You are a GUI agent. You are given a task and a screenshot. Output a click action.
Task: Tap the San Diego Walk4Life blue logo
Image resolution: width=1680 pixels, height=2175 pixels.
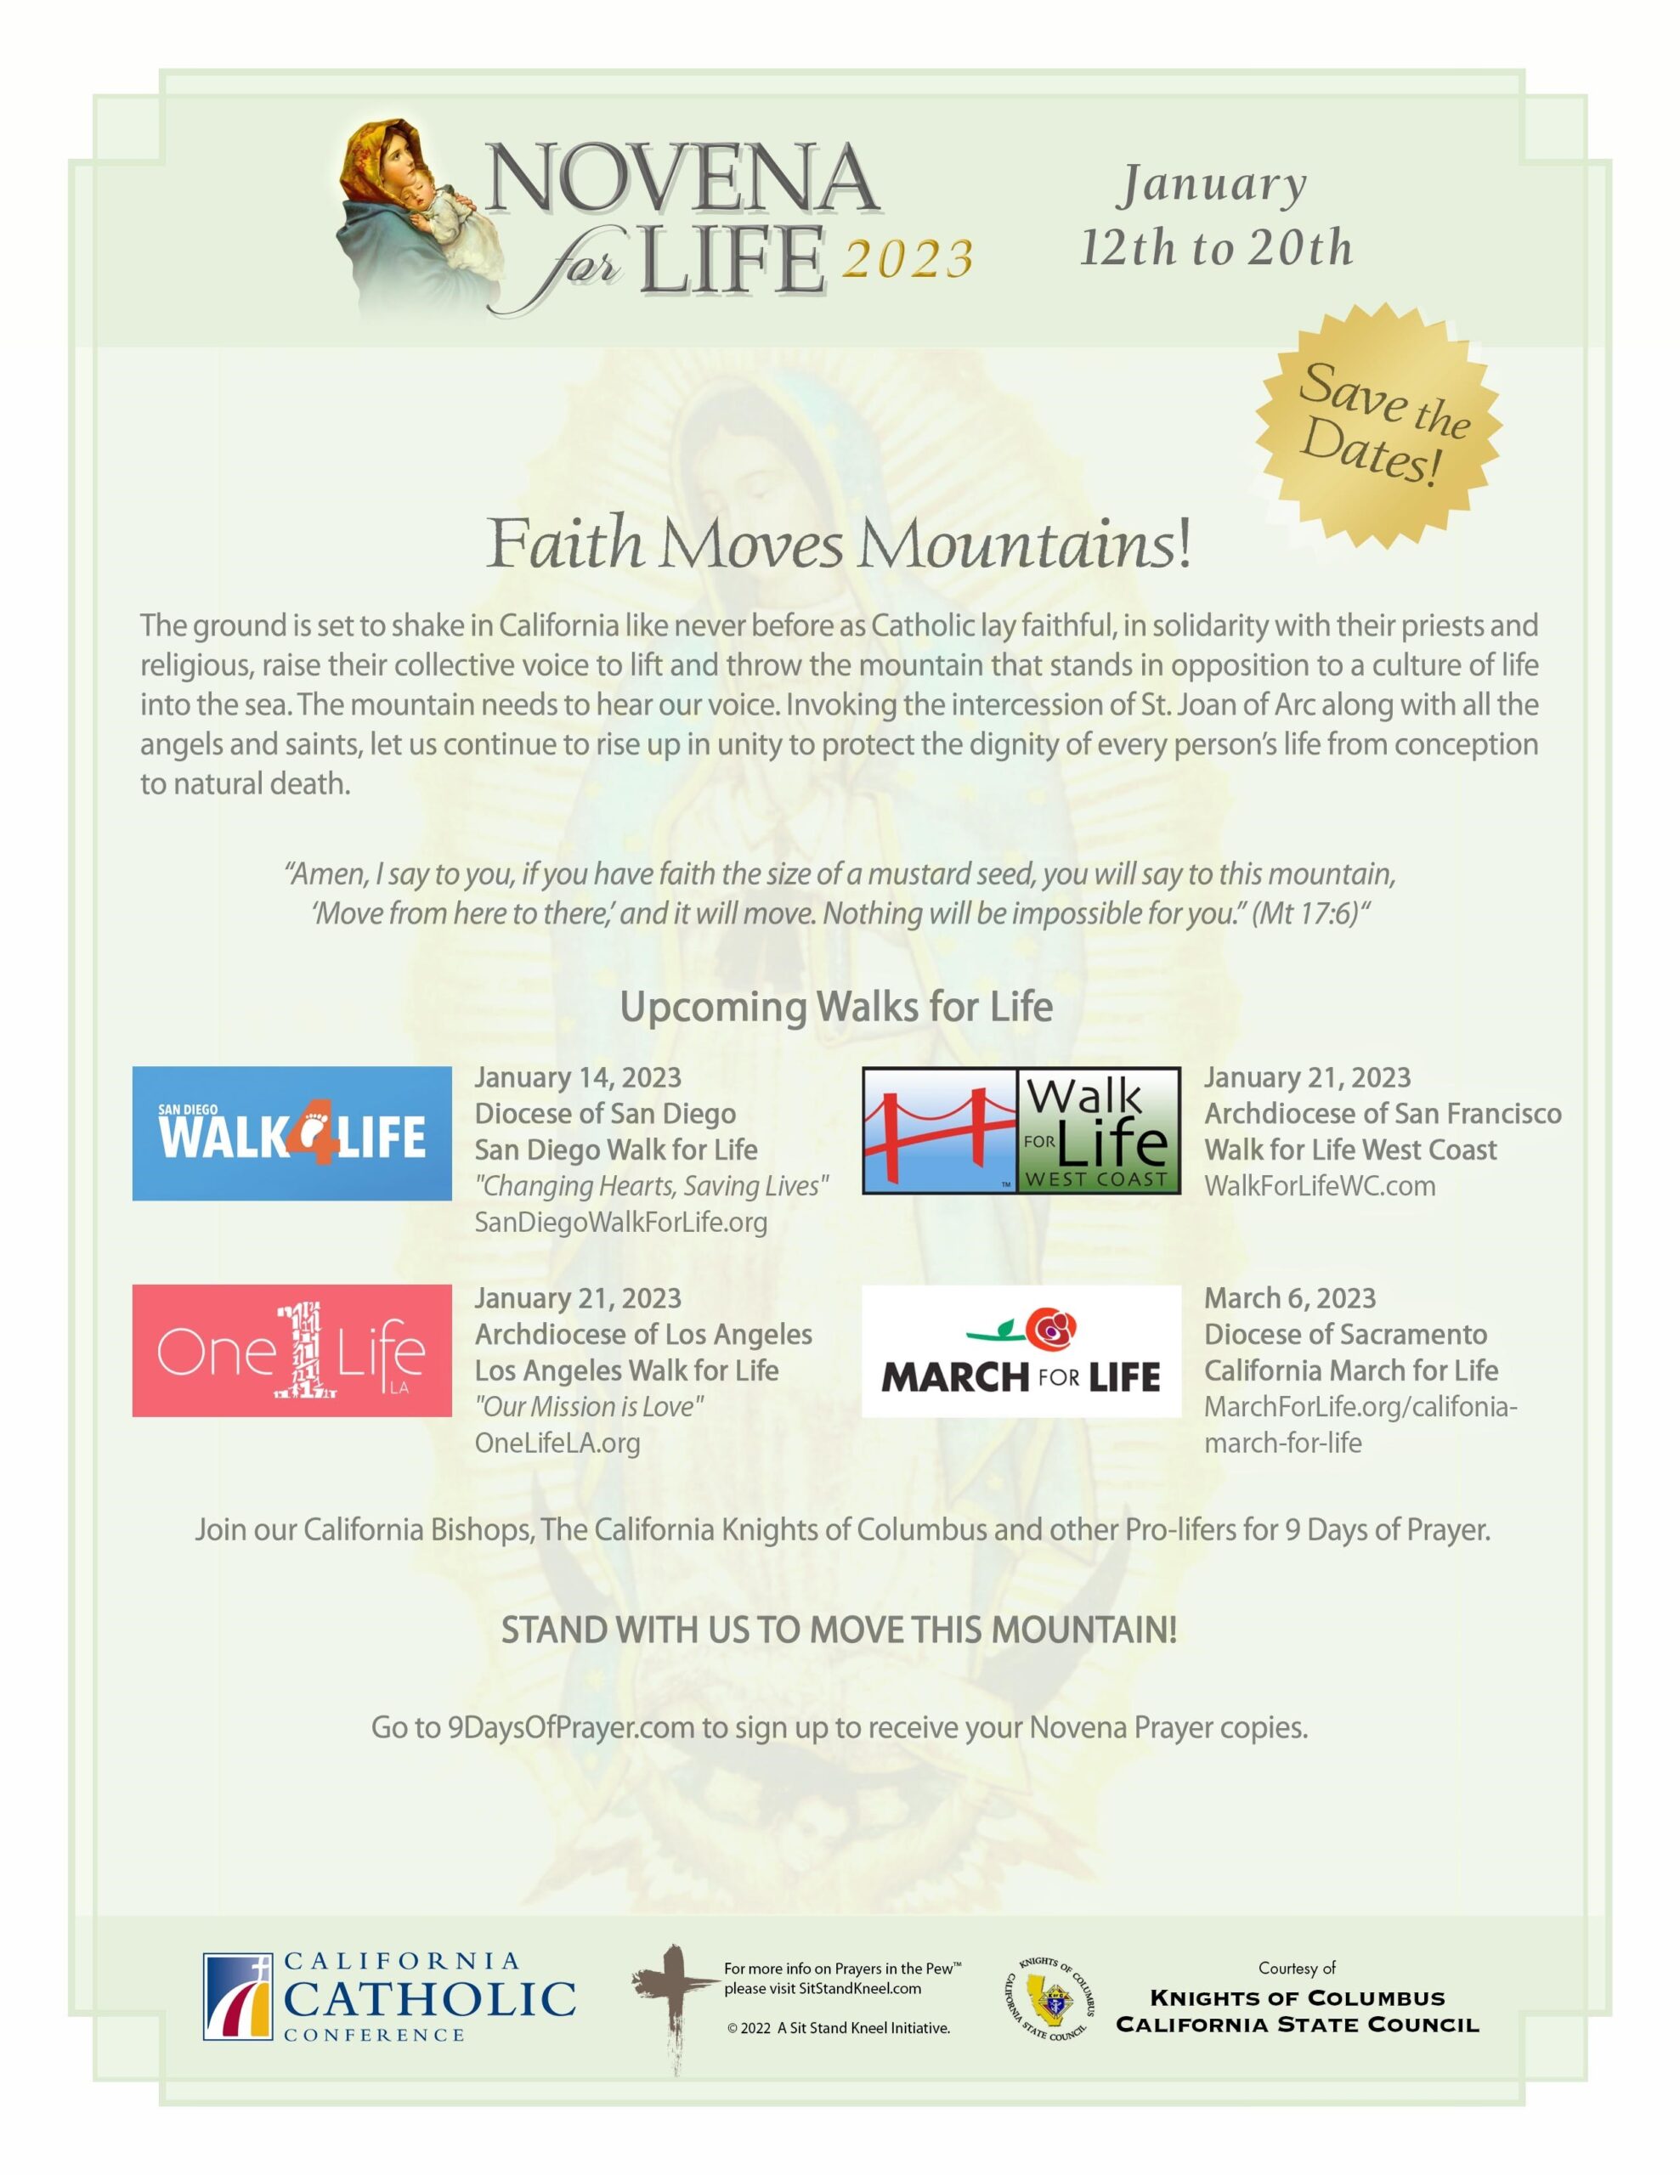[291, 1133]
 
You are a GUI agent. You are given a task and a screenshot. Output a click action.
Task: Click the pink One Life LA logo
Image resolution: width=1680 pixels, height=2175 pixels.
[291, 1350]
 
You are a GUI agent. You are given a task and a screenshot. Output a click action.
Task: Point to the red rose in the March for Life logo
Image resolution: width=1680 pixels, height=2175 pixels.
[1054, 1327]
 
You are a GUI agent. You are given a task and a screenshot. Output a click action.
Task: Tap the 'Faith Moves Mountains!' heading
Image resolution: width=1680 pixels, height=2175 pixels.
[839, 545]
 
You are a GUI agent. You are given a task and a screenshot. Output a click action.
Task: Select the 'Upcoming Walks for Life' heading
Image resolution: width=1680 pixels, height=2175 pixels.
[836, 1007]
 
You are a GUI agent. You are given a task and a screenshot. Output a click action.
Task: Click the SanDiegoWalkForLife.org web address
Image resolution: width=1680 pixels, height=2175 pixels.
[620, 1222]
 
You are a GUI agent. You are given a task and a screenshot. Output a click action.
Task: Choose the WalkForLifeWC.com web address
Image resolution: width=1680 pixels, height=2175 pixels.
[1320, 1186]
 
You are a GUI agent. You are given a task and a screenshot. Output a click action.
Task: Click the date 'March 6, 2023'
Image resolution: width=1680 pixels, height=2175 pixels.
[1290, 1298]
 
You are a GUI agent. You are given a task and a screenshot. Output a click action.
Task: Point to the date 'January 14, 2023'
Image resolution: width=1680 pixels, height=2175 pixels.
[578, 1077]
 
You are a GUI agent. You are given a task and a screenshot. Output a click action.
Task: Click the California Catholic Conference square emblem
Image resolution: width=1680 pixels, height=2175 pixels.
[238, 1997]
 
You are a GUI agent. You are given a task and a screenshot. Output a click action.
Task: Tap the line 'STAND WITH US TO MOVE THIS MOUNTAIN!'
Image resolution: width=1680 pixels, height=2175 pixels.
[839, 1630]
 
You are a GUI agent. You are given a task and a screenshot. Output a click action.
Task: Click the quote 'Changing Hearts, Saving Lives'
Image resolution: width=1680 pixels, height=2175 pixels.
[651, 1186]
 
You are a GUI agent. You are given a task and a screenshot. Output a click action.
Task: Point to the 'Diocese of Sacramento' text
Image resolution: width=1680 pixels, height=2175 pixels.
[1345, 1335]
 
